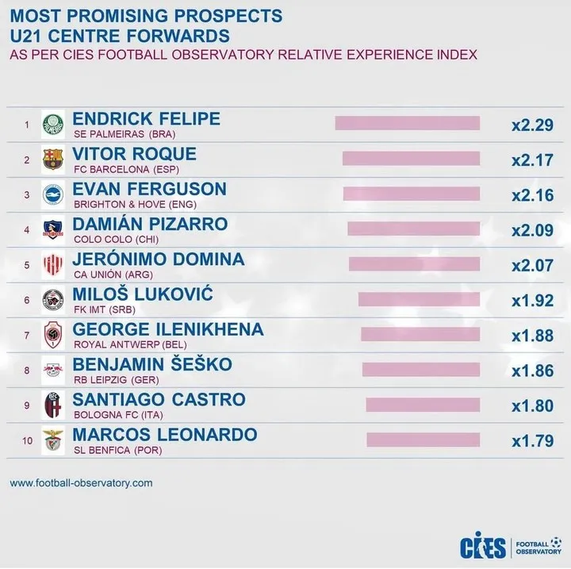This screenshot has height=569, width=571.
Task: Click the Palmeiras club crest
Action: point(52,125)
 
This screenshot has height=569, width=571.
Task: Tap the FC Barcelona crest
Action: point(52,160)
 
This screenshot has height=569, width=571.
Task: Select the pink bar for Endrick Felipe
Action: point(408,124)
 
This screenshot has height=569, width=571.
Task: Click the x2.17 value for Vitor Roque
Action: point(532,160)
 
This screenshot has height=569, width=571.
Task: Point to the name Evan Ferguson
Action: point(149,189)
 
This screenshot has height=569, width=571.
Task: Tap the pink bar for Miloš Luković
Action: point(419,299)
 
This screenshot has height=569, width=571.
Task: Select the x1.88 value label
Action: point(532,336)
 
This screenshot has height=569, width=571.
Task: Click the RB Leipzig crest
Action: point(52,370)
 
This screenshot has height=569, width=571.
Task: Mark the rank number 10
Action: point(26,440)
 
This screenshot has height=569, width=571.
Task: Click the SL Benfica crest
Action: point(52,440)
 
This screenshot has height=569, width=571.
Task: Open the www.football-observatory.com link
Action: point(81,482)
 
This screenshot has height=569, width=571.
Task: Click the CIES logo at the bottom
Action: point(481,547)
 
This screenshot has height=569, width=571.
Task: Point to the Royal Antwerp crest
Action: point(52,335)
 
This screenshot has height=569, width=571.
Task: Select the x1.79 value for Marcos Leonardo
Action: point(532,440)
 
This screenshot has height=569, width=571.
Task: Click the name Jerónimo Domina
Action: point(158,259)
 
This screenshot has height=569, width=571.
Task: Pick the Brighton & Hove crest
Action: point(52,194)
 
